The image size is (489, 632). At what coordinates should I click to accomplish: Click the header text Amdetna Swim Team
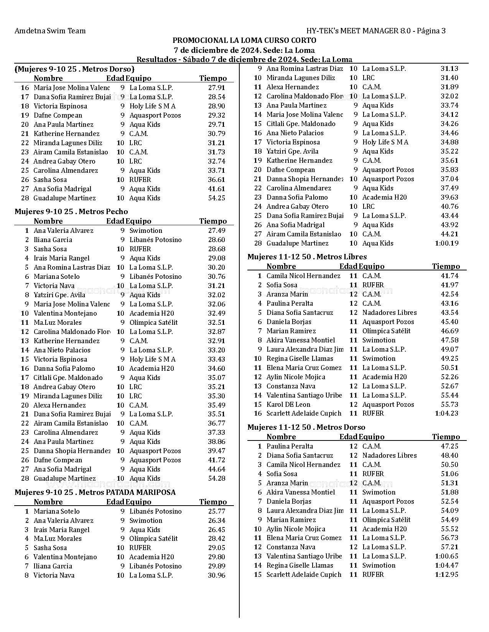pos(50,31)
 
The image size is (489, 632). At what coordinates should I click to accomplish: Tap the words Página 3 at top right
pos(431,31)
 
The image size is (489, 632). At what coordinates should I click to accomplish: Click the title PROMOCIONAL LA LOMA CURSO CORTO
pos(244,41)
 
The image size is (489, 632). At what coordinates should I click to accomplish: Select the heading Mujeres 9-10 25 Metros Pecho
pos(71,212)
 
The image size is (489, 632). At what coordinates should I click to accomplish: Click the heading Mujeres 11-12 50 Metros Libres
pos(307,257)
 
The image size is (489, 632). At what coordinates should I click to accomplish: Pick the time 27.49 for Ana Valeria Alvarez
pos(217,231)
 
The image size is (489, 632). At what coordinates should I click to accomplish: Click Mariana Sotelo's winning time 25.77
pos(217,511)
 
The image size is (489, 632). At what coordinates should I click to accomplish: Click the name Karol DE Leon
pos(288,404)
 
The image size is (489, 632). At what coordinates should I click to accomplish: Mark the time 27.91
pos(217,88)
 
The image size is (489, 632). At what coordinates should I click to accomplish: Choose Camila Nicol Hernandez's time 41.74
pos(449,276)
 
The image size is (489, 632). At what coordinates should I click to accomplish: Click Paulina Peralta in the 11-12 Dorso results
pos(290,446)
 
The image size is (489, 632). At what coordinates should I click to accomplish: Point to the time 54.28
pos(217,478)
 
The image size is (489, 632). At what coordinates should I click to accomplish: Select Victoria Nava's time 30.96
pos(217,575)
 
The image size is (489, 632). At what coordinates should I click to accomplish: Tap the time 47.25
pos(449,446)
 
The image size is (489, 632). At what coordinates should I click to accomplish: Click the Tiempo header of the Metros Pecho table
pos(213,221)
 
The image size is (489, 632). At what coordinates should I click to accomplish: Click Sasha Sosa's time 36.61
pos(217,180)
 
